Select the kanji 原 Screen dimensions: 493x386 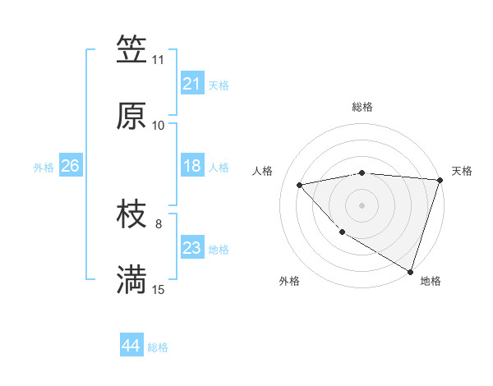pos(131,116)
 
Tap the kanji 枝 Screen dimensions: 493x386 pos(131,215)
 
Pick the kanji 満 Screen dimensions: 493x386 pos(131,281)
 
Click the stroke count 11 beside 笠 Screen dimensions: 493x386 pos(158,60)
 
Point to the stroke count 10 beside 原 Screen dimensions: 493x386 pos(158,126)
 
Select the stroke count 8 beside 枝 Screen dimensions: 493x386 pos(159,223)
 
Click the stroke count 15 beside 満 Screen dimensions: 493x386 pos(158,290)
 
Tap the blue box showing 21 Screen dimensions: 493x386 pos(191,84)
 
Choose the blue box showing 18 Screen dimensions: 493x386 pos(191,166)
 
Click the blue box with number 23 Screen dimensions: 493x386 pos(191,248)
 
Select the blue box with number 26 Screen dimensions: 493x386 pos(70,166)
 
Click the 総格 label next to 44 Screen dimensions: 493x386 pos(159,347)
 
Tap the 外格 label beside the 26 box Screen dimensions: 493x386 pos(44,168)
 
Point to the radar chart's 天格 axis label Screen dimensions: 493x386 pos(462,171)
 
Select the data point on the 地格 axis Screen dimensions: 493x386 pos(410,270)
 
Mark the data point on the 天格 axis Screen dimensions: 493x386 pos(440,180)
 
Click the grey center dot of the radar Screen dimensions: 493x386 pos(362,204)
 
